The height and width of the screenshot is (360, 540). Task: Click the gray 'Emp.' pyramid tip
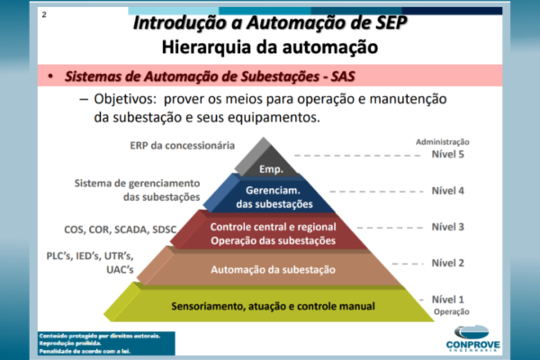pyautogui.click(x=271, y=168)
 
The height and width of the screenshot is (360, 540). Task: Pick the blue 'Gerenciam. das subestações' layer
pyautogui.click(x=271, y=197)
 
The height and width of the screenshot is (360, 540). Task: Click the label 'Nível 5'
pyautogui.click(x=449, y=155)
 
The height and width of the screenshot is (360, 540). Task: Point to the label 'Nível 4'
pyautogui.click(x=449, y=191)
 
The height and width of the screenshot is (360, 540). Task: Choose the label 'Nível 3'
pyautogui.click(x=449, y=227)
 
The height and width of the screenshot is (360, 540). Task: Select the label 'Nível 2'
pyautogui.click(x=449, y=263)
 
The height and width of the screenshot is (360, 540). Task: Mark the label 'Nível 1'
pyautogui.click(x=449, y=299)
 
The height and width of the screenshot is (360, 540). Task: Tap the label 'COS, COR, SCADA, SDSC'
pyautogui.click(x=121, y=229)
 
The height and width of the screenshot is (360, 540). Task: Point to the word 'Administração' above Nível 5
pyautogui.click(x=443, y=142)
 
